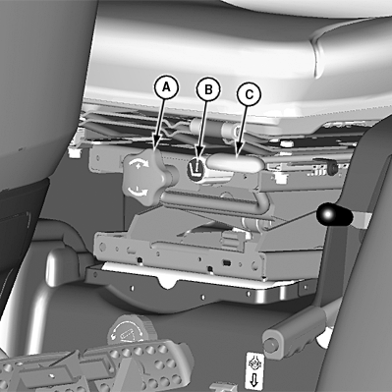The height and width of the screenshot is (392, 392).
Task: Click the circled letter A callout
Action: coord(166,87)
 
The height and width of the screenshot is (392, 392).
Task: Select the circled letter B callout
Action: coord(208,89)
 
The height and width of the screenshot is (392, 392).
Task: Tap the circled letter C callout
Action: coord(250,94)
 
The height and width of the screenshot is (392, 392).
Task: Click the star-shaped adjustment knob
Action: coord(141,177)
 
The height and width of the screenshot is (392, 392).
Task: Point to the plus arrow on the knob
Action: coord(140,162)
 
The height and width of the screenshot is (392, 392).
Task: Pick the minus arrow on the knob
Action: coord(139,191)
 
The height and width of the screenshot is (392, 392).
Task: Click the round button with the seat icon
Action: coord(196,169)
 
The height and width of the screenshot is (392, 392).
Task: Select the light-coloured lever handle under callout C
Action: coord(235,162)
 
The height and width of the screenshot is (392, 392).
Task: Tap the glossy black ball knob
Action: coord(334,214)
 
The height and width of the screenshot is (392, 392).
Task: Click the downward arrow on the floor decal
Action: coord(254,381)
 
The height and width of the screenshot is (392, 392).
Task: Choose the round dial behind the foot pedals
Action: coord(127,330)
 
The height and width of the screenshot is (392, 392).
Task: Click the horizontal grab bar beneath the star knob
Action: coord(213,200)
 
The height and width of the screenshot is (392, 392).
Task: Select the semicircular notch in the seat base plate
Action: coord(168,282)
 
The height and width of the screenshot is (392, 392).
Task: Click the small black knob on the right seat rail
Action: coord(332,168)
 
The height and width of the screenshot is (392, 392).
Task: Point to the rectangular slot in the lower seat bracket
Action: coord(226,262)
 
